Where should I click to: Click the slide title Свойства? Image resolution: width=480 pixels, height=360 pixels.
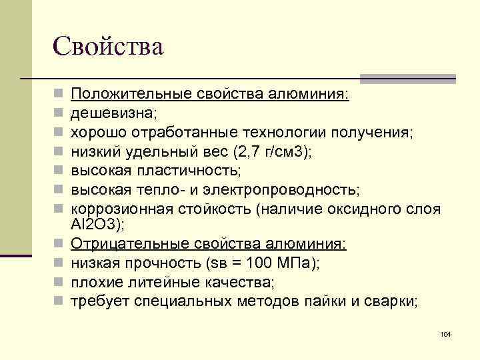[x=107, y=47]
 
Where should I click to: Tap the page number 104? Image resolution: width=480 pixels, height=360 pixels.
[x=446, y=333]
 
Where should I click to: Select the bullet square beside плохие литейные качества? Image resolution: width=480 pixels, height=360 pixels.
[x=59, y=283]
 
